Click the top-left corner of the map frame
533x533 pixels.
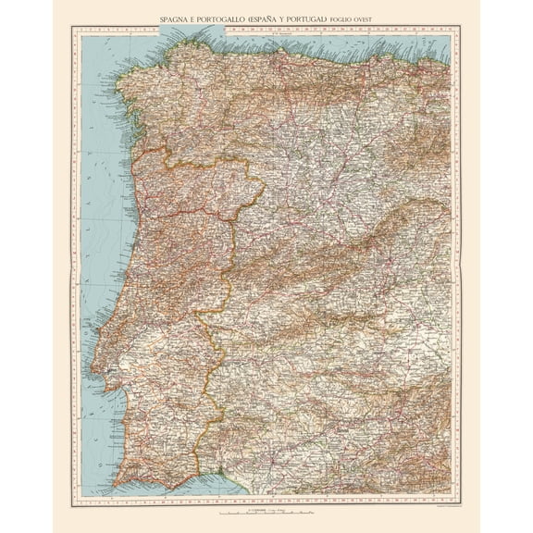pyautogui.click(x=72, y=27)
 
